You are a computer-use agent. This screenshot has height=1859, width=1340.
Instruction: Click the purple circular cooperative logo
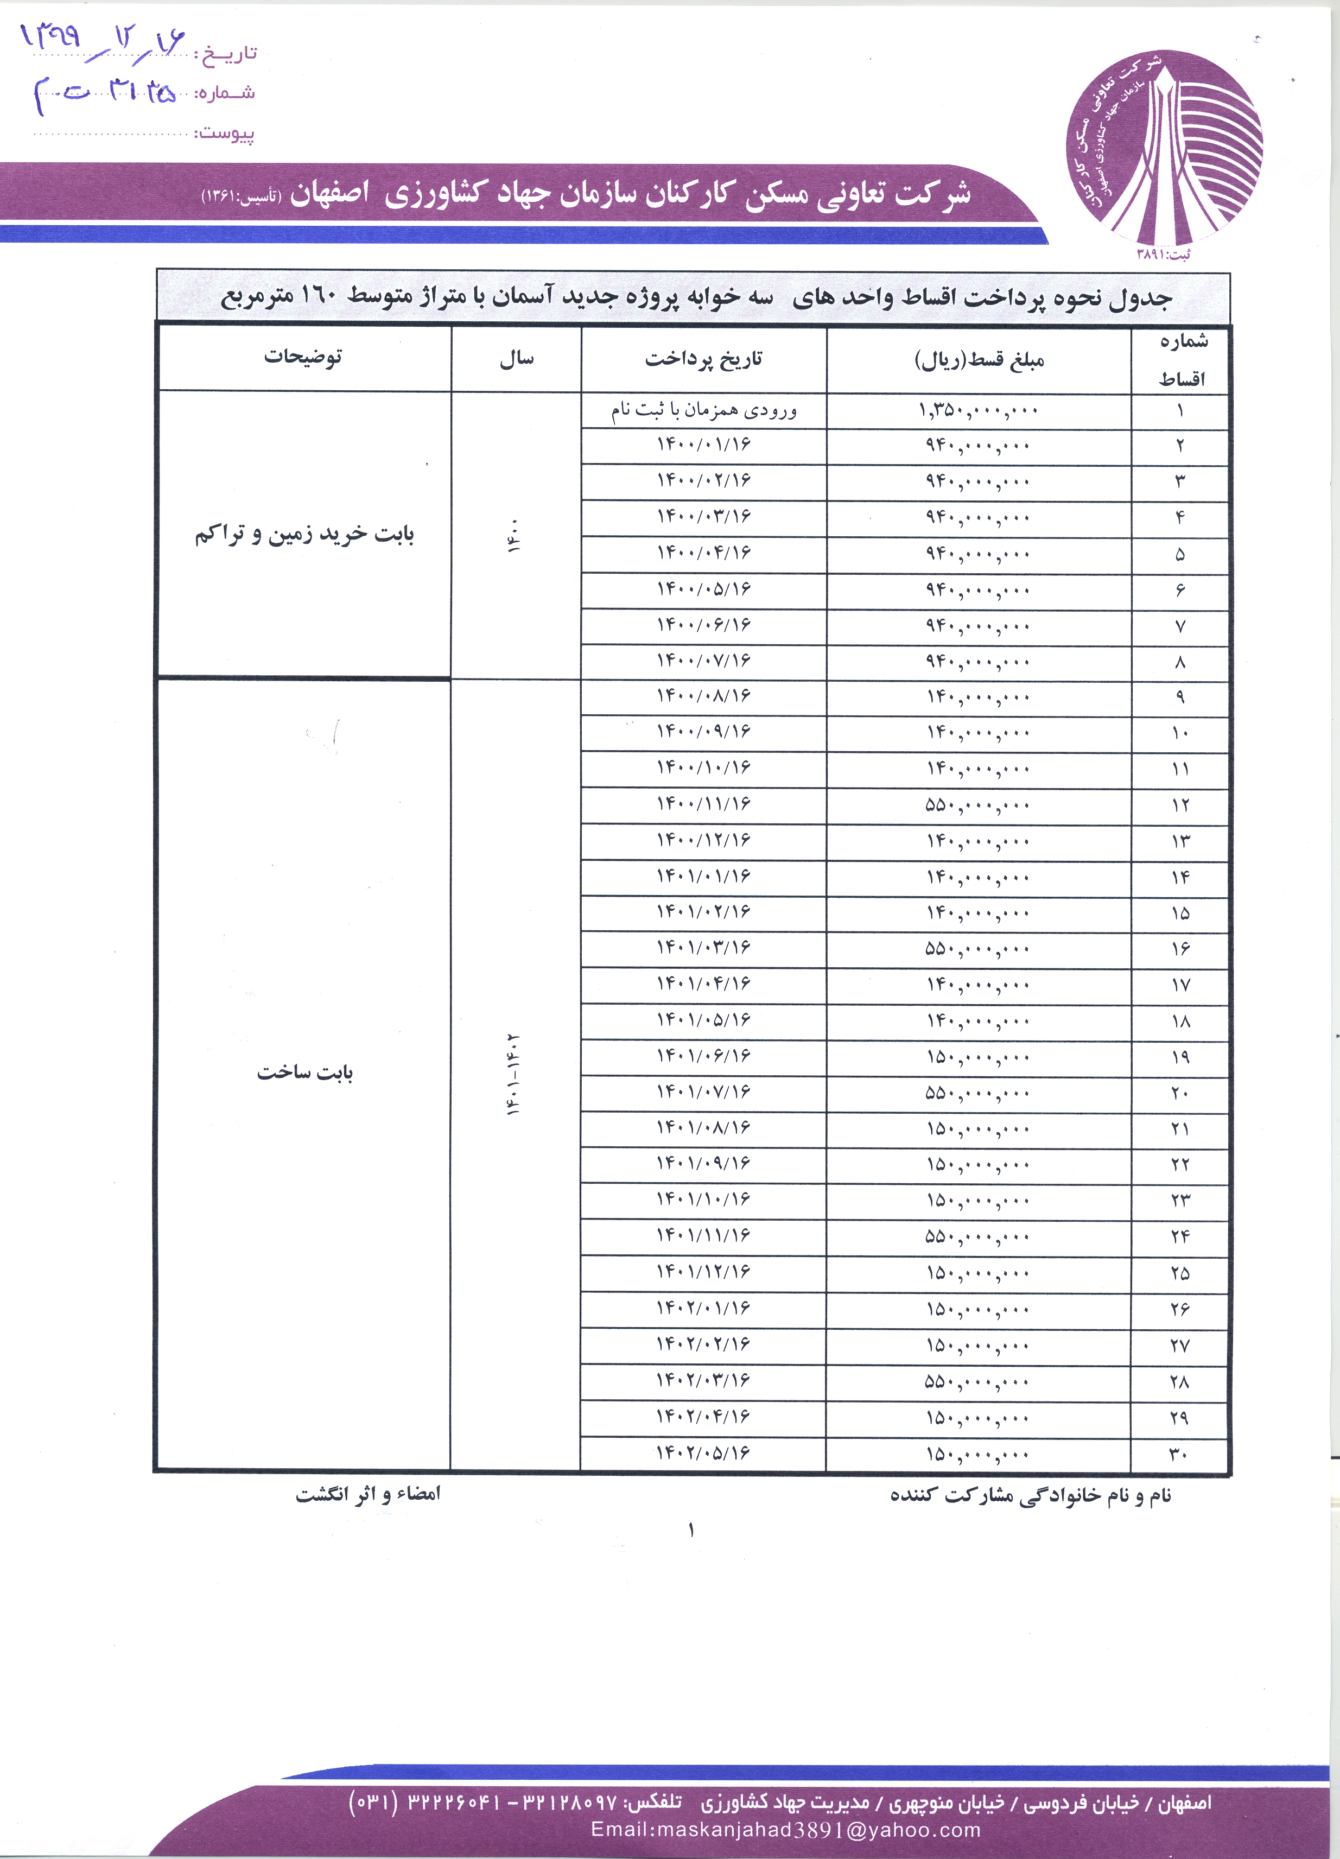click(1164, 148)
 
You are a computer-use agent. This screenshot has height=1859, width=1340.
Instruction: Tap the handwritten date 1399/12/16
click(103, 39)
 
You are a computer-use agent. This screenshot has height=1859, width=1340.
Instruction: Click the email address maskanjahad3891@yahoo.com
click(785, 1830)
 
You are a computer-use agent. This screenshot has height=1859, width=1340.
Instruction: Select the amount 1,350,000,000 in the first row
click(978, 410)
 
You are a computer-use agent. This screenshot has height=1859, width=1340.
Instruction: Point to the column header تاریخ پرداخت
click(703, 358)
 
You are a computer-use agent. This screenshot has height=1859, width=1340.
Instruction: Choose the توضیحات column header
click(303, 357)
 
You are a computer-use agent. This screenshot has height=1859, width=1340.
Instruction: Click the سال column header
click(516, 358)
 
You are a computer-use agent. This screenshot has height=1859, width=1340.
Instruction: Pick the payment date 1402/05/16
click(703, 1453)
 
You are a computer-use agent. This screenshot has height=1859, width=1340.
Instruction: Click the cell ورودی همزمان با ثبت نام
click(703, 410)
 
